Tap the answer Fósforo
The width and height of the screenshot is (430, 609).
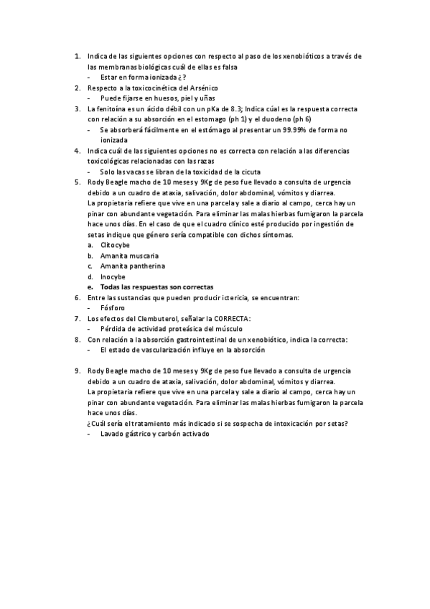[x=113, y=308]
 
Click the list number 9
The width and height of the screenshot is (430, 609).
[x=77, y=371]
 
